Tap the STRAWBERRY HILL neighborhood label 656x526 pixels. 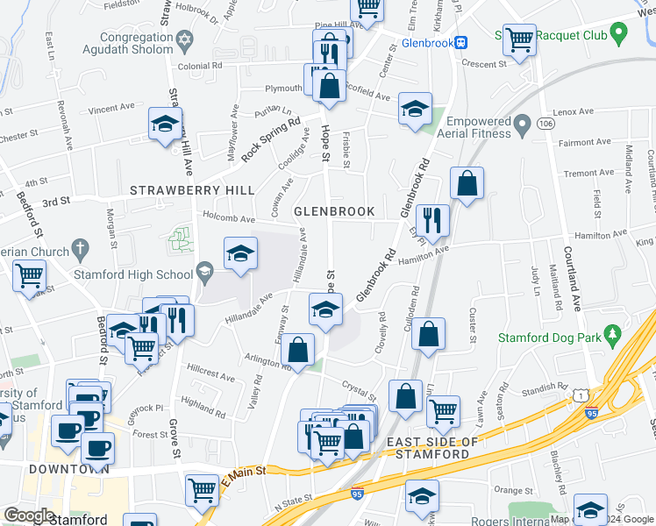[x=192, y=190]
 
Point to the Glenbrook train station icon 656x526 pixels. [x=461, y=41]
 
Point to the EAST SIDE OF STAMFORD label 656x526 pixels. [x=434, y=447]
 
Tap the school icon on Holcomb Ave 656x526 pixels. [x=240, y=254]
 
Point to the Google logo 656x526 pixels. [x=29, y=515]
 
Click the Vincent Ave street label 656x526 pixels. [x=111, y=108]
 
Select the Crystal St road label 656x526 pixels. [x=360, y=386]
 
